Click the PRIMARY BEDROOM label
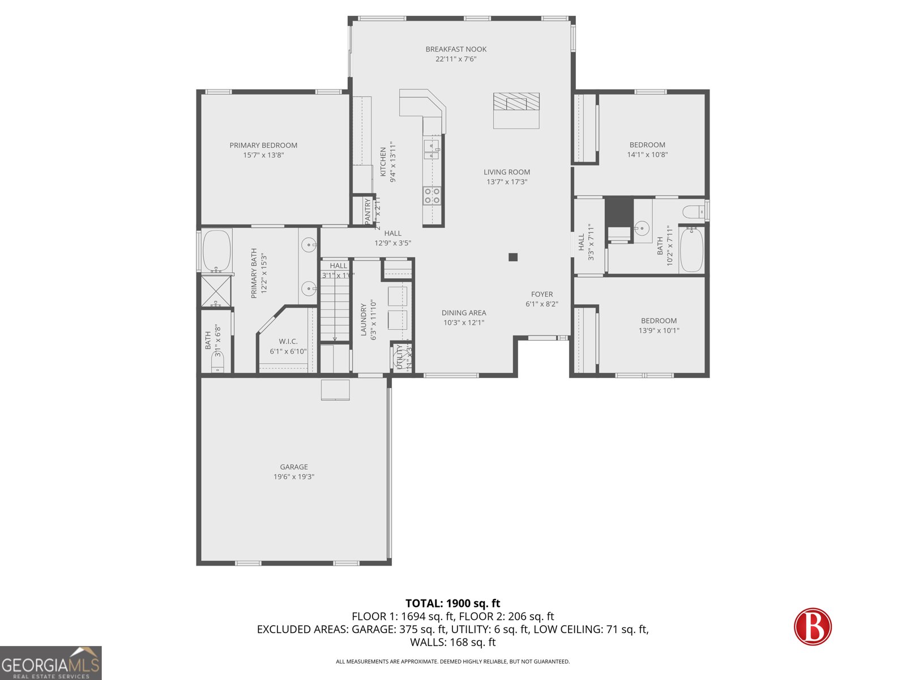click(x=263, y=146)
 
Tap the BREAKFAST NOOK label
click(x=456, y=49)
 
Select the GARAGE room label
click(x=294, y=467)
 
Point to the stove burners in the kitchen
click(x=432, y=195)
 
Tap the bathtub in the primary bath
click(x=216, y=250)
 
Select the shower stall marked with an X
click(x=216, y=291)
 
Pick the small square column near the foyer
click(x=513, y=257)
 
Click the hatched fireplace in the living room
click(x=516, y=103)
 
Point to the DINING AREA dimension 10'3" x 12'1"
click(x=464, y=323)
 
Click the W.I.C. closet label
click(x=288, y=342)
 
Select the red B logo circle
click(x=813, y=627)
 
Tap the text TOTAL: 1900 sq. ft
click(x=452, y=603)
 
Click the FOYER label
click(x=542, y=294)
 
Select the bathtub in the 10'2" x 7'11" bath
click(x=691, y=250)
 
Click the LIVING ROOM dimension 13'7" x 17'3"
click(x=507, y=182)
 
